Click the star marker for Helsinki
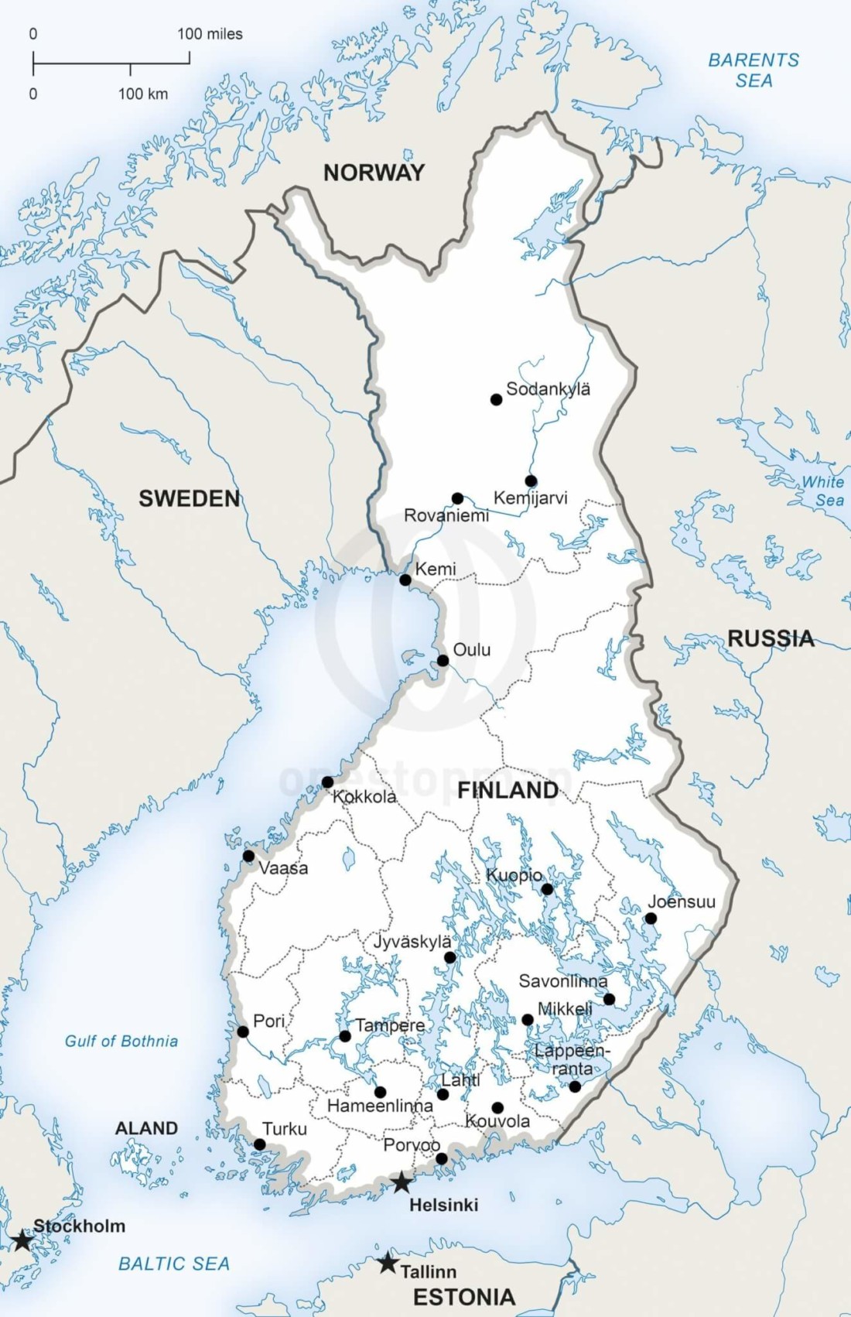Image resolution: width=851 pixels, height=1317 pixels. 402,1182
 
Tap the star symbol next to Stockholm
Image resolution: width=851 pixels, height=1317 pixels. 22,1241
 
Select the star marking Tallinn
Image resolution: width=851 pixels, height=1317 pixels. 388,1263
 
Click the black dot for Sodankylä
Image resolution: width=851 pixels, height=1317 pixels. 497,399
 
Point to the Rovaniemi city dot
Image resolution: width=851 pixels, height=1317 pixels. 458,498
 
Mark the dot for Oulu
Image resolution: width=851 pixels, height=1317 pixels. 443,661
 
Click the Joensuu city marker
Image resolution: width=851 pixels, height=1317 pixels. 651,918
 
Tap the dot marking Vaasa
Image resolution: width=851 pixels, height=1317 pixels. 248,856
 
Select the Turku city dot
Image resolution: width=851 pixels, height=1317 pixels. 260,1144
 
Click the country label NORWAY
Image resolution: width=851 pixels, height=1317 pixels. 374,173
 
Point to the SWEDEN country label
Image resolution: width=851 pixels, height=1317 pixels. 190,498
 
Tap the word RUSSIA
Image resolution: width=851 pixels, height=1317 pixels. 771,638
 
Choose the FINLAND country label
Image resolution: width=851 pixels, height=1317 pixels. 508,790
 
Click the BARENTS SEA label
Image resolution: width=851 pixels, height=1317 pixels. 754,70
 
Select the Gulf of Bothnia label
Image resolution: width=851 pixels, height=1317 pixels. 121,1041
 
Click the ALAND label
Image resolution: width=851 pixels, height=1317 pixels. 146,1128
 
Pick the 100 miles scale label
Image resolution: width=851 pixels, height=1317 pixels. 210,34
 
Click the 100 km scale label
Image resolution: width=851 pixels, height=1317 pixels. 142,94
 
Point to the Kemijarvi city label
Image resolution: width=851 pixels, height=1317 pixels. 531,498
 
